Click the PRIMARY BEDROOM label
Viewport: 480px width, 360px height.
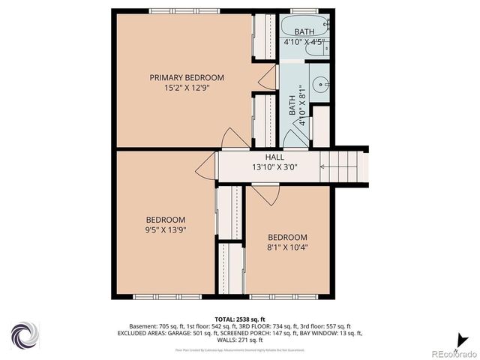pos(186,77)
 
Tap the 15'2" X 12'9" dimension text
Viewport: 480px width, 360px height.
pos(186,88)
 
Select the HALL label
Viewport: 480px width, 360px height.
pos(274,157)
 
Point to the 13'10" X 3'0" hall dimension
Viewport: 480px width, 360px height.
pos(274,168)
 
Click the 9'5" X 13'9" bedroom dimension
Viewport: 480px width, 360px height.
pos(165,230)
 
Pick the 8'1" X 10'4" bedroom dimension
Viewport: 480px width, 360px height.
pos(287,247)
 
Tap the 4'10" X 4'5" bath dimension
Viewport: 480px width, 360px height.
pos(304,43)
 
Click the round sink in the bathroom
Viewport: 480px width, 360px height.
pos(321,85)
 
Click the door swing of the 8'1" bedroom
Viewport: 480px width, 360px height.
pos(265,193)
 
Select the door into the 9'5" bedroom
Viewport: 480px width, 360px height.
pos(205,169)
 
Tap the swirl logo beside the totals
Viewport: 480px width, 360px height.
pos(24,334)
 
